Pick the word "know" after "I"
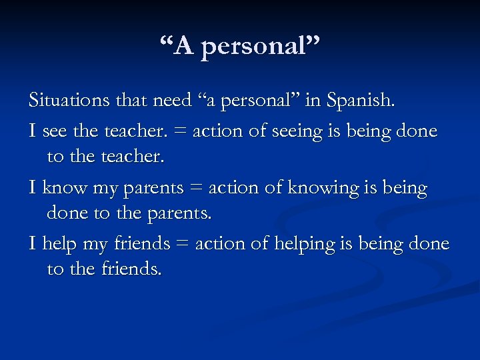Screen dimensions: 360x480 point(65,188)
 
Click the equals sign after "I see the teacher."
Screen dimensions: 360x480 point(181,132)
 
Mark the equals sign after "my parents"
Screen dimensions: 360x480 point(197,189)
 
